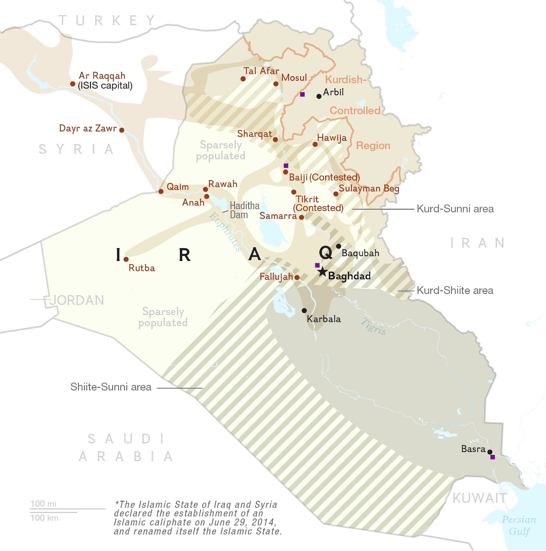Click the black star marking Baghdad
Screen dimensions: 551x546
click(x=322, y=272)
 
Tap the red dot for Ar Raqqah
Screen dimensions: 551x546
click(x=73, y=84)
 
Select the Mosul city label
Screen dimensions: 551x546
click(x=294, y=78)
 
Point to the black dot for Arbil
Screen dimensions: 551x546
click(x=319, y=97)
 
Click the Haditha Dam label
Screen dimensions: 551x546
click(x=244, y=210)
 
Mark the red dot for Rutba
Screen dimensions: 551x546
click(x=126, y=260)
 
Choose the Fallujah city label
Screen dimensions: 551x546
click(x=276, y=276)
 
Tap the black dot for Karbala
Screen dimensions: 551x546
click(x=304, y=311)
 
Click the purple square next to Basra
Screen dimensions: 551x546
click(x=492, y=457)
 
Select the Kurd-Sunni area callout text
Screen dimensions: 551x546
click(x=455, y=209)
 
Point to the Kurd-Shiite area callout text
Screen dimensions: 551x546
click(x=455, y=291)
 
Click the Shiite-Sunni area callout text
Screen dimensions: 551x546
click(x=111, y=387)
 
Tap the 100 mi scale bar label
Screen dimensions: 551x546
click(x=43, y=504)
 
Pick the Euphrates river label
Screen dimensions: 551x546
click(x=225, y=232)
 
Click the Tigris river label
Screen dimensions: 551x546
click(x=374, y=327)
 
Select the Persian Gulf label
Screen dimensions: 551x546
click(x=519, y=525)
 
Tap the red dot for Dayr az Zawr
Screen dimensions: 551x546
click(x=121, y=130)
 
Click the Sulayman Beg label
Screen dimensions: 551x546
click(x=369, y=189)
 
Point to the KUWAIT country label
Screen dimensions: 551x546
click(x=479, y=498)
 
